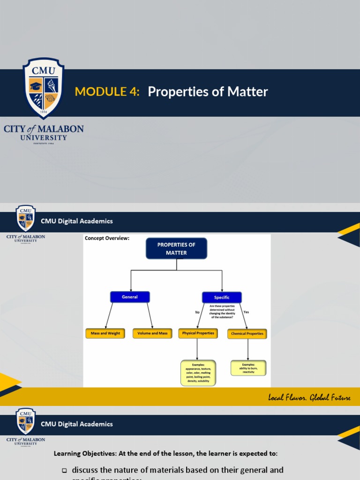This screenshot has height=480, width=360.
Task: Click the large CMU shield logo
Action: click(44, 88)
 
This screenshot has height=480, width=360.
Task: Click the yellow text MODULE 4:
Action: click(107, 92)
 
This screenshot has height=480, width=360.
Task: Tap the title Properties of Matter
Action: click(208, 92)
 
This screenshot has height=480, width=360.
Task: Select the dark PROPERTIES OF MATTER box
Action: click(176, 248)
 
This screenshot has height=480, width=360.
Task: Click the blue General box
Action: click(130, 297)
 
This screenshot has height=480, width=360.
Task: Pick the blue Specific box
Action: click(222, 297)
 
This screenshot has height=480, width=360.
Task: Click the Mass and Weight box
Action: click(105, 333)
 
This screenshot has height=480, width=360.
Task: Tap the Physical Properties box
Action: click(198, 333)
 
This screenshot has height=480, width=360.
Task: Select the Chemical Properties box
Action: click(247, 334)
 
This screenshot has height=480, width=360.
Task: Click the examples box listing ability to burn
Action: click(248, 368)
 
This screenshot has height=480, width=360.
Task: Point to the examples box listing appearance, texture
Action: click(198, 373)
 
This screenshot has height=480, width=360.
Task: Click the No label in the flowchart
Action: click(197, 312)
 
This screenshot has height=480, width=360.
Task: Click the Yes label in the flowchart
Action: click(246, 312)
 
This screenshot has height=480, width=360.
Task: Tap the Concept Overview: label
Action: click(107, 238)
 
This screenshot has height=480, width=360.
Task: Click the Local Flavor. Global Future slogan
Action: click(309, 397)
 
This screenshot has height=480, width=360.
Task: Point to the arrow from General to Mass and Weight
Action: click(109, 315)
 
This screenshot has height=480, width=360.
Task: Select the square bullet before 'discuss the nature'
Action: click(64, 470)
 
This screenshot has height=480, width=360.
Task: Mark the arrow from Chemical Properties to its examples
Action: click(247, 349)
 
